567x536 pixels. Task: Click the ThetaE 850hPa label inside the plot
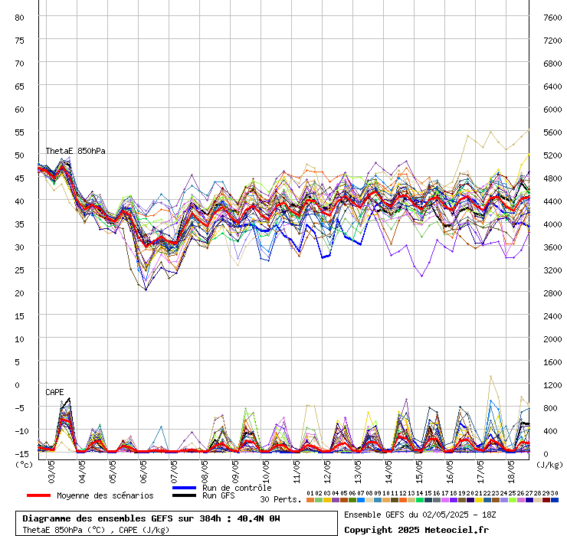click(75, 152)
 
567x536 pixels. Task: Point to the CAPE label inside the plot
click(54, 392)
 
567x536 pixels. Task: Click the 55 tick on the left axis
click(20, 132)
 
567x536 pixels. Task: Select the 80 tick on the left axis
click(20, 17)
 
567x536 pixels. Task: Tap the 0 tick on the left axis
click(22, 384)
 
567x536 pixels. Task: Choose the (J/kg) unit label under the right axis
click(549, 464)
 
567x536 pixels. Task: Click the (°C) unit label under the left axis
click(25, 464)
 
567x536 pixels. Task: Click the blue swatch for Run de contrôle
click(184, 488)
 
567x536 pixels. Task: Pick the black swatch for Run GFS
click(184, 495)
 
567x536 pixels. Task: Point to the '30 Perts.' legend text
click(280, 499)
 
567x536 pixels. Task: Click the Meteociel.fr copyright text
click(416, 529)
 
